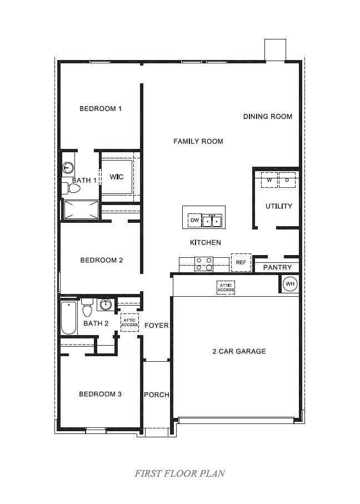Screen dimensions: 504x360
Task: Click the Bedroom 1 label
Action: [101, 109]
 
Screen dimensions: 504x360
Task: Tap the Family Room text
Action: [198, 142]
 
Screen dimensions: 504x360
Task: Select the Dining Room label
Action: [268, 117]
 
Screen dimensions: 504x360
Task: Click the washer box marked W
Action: [269, 180]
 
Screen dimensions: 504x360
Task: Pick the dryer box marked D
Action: [287, 180]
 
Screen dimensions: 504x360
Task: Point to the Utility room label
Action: [278, 206]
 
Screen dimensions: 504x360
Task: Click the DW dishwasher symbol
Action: [194, 221]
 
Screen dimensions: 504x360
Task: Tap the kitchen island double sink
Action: [212, 221]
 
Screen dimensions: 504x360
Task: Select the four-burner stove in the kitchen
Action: [203, 263]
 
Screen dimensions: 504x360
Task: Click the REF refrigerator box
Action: [241, 262]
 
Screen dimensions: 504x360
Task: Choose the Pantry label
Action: [277, 268]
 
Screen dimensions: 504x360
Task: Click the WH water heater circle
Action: [290, 284]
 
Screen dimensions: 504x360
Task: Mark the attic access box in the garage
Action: [226, 288]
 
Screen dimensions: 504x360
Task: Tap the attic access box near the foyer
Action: [129, 323]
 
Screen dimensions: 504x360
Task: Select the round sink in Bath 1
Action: [68, 167]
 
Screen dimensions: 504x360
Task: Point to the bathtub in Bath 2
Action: [68, 318]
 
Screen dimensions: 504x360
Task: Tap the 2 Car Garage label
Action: [239, 351]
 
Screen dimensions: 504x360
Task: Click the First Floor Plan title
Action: [179, 474]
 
